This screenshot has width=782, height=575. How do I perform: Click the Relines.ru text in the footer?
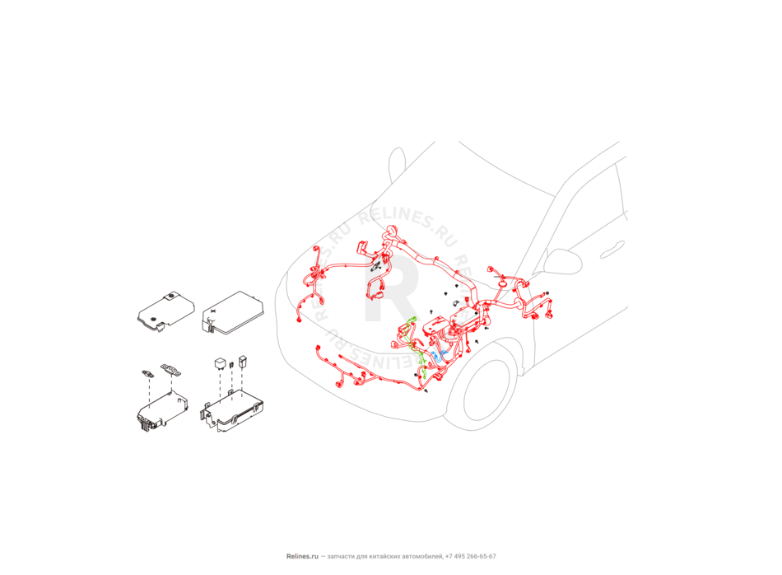pyautogui.click(x=302, y=557)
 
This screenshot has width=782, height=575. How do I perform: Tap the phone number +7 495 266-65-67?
pyautogui.click(x=471, y=557)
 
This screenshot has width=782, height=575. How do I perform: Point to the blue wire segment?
pyautogui.click(x=438, y=355)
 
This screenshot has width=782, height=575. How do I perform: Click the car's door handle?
pyautogui.click(x=612, y=250)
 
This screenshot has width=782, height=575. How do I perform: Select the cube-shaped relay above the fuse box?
pyautogui.click(x=220, y=362)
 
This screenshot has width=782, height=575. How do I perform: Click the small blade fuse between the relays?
pyautogui.click(x=231, y=366)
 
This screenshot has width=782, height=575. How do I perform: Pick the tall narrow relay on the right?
pyautogui.click(x=243, y=362)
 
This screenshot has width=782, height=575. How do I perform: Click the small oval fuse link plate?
pyautogui.click(x=148, y=373)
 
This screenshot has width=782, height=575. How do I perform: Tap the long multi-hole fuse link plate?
pyautogui.click(x=171, y=370)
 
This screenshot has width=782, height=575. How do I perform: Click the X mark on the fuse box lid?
pyautogui.click(x=213, y=311)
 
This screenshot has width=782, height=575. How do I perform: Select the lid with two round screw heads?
pyautogui.click(x=165, y=311)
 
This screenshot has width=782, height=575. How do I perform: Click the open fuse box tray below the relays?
pyautogui.click(x=232, y=409)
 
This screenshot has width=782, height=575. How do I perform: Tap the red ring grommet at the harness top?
pyautogui.click(x=393, y=230)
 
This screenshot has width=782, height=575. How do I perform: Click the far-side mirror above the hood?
pyautogui.click(x=397, y=165)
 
